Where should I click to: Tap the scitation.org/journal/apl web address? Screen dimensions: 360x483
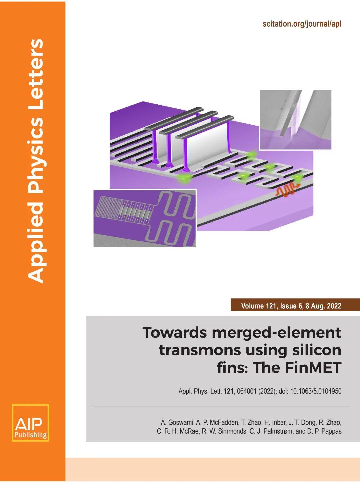click(302, 24)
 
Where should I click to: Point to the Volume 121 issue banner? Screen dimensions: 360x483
click(295, 306)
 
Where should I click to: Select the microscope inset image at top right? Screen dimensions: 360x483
click(296, 120)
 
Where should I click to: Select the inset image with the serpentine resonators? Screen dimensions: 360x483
click(145, 219)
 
